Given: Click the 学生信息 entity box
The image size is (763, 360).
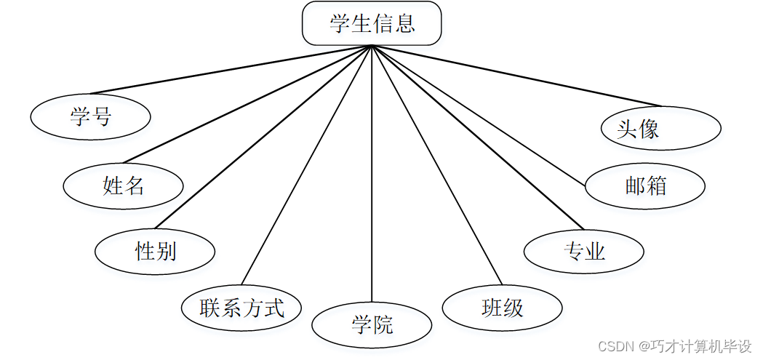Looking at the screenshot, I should click(372, 23).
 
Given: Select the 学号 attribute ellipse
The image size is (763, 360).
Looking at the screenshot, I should click(91, 116).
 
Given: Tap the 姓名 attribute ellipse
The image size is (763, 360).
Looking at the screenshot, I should click(123, 186).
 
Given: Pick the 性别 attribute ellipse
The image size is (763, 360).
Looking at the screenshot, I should click(155, 252).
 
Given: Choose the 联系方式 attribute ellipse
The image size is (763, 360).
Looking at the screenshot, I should click(241, 308).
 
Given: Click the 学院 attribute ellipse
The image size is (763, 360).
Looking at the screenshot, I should click(372, 325).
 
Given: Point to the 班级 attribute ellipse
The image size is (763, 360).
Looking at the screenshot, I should click(502, 308).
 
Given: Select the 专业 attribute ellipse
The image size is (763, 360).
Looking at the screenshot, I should click(584, 252).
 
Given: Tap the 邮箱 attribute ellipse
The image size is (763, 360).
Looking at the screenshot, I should click(645, 186).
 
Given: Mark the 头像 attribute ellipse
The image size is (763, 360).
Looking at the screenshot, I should click(661, 129).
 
